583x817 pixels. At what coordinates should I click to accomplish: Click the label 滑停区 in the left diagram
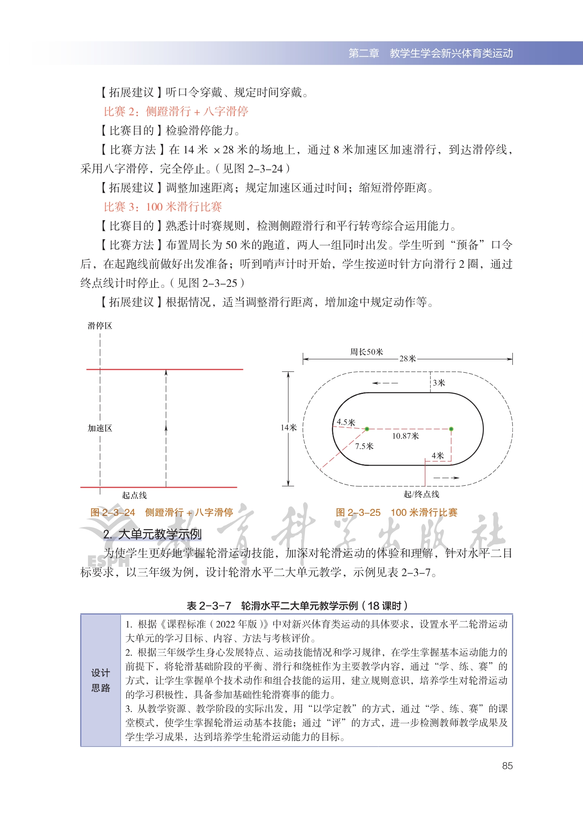(100, 325)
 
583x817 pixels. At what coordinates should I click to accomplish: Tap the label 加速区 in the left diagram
(100, 428)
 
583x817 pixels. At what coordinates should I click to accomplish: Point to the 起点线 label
(134, 495)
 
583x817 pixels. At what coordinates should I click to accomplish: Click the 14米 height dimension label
(288, 428)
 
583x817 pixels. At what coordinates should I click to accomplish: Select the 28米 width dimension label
(408, 358)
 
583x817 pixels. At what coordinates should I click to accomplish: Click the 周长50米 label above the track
(366, 352)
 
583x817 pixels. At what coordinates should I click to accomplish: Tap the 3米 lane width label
(439, 383)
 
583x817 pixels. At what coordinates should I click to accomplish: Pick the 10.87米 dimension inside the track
(405, 436)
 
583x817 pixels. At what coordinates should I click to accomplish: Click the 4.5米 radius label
(346, 422)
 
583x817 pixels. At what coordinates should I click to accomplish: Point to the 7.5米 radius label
(364, 446)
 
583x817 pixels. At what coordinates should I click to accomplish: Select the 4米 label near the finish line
(438, 456)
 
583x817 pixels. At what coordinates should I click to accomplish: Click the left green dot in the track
(367, 429)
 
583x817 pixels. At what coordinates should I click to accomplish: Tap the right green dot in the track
(451, 429)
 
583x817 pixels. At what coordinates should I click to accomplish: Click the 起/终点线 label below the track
(421, 494)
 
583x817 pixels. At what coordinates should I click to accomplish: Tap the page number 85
(507, 766)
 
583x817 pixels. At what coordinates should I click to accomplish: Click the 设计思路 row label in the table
(100, 680)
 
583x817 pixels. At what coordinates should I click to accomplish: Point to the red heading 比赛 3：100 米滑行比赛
(162, 207)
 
